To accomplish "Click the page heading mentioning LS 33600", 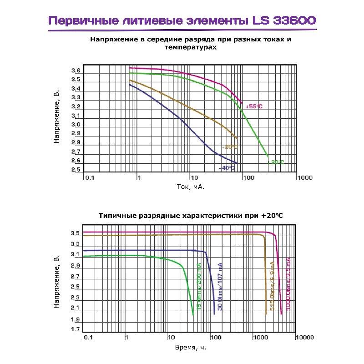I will [182, 21].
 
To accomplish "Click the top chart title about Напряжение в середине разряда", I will [191, 43].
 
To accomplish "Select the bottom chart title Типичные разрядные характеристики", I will [191, 215].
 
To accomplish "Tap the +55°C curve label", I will [254, 106].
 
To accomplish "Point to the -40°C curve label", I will [227, 168].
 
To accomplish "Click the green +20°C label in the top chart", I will [276, 162].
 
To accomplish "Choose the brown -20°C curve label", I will [230, 147].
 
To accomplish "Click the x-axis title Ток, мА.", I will [190, 187].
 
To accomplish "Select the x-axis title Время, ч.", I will [190, 348].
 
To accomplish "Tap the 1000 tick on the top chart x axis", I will [304, 177].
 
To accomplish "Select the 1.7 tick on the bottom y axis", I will [76, 329].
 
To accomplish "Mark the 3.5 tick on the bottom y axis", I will [76, 233].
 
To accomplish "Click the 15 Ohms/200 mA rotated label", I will [199, 286].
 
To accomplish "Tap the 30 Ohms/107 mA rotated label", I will [220, 287].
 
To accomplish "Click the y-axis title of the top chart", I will [57, 117].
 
